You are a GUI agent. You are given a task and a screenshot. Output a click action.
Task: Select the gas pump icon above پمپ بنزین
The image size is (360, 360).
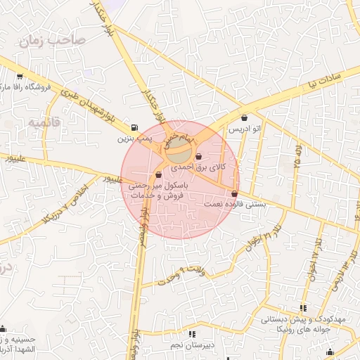pos(134,127)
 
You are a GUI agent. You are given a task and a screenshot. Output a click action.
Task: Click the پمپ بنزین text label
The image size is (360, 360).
pos(134,139)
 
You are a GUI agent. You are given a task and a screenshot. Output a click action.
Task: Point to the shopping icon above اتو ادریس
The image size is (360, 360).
pos(244,117)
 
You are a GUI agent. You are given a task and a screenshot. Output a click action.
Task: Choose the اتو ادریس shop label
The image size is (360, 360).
pos(245,129)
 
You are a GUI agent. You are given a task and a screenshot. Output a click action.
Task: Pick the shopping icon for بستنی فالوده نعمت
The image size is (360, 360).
pos(234,193)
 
